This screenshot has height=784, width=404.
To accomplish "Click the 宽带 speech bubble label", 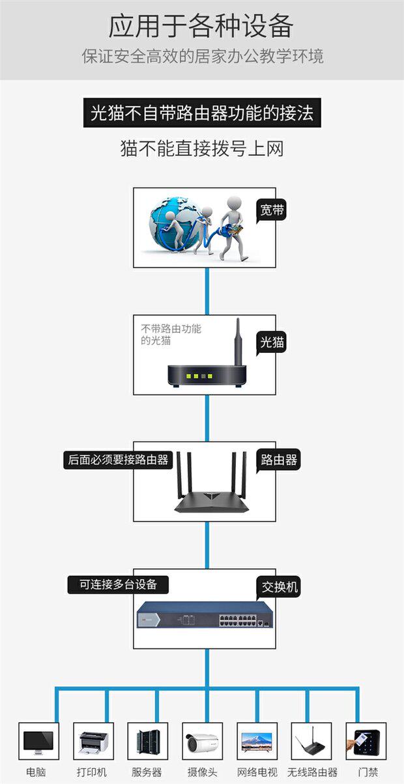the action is pos(272,210).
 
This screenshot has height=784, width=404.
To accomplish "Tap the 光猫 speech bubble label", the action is pos(272,342).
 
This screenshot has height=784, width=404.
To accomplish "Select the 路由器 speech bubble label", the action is pos(278,460).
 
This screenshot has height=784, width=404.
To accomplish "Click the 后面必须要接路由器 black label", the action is pos(118,460).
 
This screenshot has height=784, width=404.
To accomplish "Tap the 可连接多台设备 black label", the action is pos(118,585).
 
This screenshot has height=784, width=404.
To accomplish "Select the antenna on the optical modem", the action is pos(238,342).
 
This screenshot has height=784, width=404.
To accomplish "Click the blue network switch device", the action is pos(205,615).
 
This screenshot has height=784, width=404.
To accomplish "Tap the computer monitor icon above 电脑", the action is pos(38,742).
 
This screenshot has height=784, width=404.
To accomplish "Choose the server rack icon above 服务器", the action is pos(148,742).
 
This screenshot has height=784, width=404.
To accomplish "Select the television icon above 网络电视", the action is pos(257,741).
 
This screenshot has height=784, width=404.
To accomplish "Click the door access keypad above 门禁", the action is pos(366,742).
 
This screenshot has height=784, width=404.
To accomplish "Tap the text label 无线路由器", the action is pos(312,772).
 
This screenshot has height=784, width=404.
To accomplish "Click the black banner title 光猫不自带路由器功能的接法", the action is pos(202,113).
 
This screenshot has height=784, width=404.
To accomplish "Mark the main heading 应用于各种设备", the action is pos(201,26).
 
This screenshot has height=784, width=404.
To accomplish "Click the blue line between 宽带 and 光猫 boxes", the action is pos(207,291).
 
